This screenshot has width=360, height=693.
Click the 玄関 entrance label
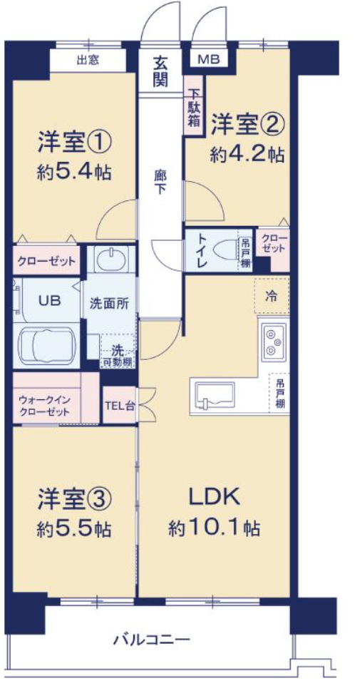click(161, 71)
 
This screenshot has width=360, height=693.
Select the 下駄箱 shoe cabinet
click(193, 106)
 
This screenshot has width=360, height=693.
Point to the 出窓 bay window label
click(88, 60)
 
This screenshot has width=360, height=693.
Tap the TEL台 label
click(119, 405)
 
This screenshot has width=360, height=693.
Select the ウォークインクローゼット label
click(44, 406)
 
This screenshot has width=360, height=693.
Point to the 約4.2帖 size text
click(247, 154)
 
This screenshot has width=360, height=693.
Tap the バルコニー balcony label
click(152, 639)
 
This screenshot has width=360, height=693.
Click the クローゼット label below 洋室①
click(46, 260)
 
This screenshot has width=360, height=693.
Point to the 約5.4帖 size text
click(73, 172)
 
